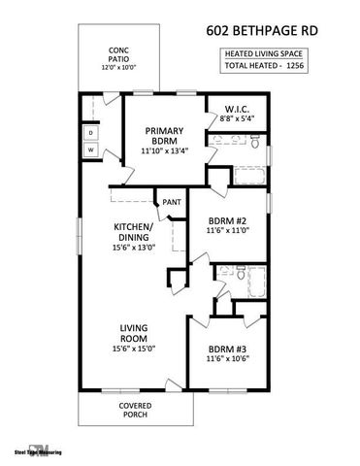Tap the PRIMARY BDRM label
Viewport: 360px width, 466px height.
click(x=165, y=136)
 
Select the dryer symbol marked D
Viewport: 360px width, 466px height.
click(x=90, y=131)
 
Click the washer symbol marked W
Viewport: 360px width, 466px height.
click(x=90, y=150)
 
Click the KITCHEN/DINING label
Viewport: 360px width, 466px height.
click(x=133, y=232)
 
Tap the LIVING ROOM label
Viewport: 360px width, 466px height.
click(x=133, y=333)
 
